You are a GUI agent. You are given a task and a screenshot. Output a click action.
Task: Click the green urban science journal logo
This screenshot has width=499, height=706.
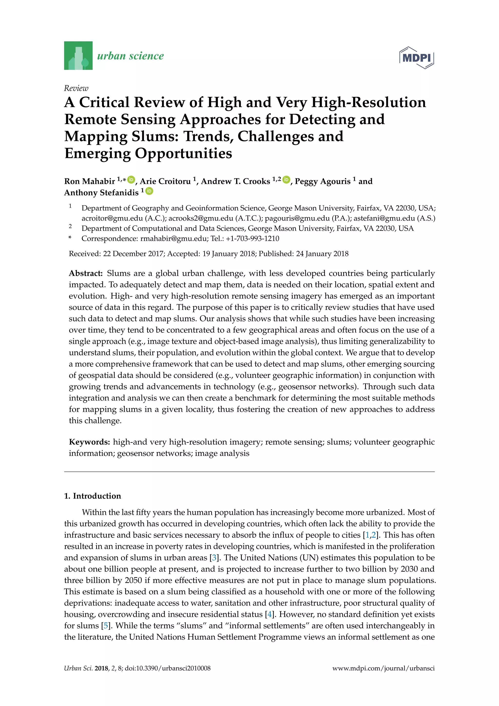tap(78, 56)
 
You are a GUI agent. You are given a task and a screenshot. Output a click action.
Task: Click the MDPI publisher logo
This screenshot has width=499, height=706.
tap(416, 58)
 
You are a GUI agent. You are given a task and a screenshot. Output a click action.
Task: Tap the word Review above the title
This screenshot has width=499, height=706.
tap(76, 88)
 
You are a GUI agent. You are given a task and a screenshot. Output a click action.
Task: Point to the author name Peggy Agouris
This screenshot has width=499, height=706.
tap(322, 181)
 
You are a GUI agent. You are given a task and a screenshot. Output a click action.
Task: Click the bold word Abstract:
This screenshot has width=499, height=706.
tap(86, 273)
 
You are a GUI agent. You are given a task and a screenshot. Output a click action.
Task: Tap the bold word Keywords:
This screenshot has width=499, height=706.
tap(89, 442)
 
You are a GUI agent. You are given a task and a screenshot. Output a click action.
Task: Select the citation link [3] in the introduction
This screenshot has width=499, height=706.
tap(214, 558)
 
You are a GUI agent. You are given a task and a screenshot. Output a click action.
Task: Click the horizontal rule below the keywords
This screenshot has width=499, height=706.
tap(249, 472)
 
